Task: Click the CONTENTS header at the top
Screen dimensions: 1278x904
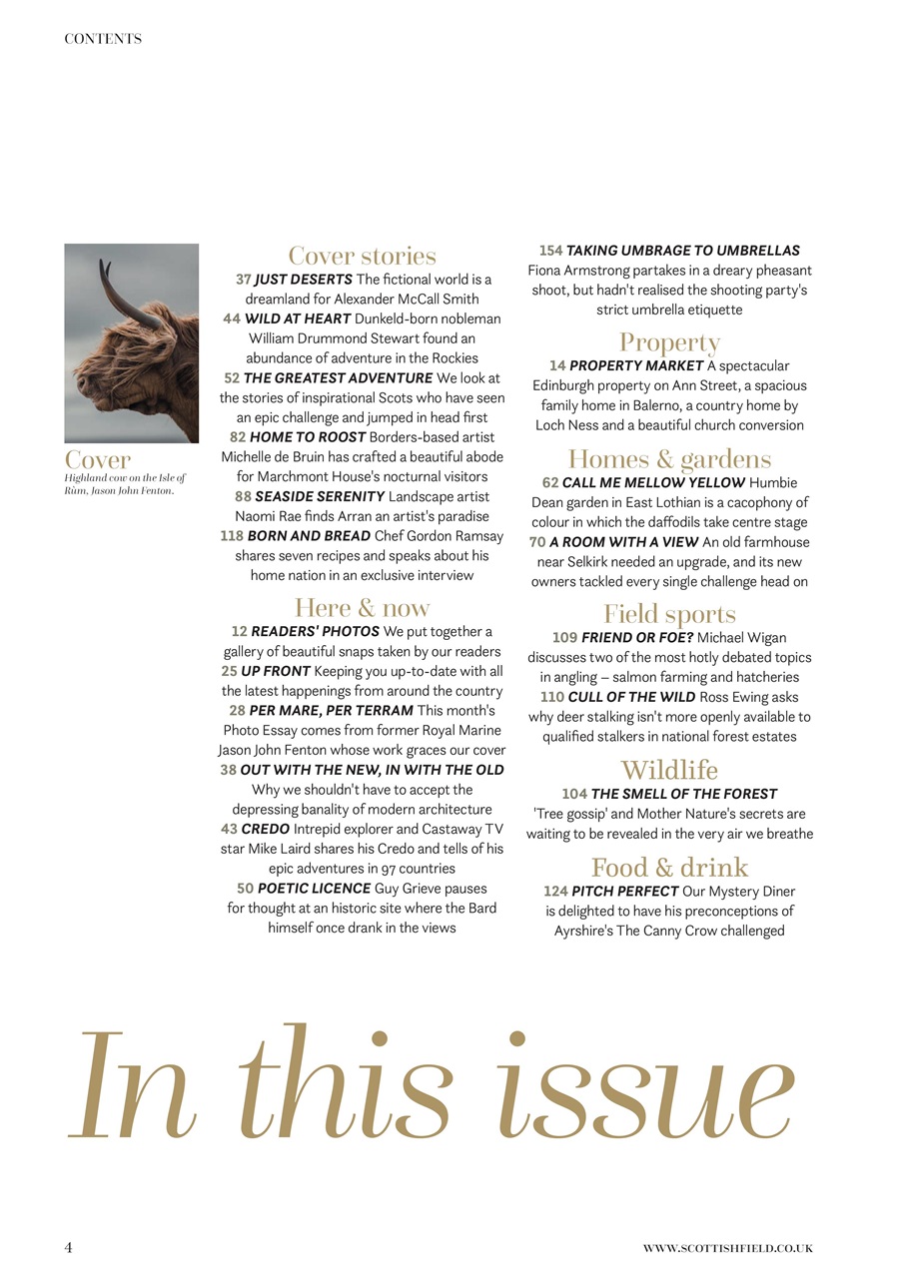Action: point(103,39)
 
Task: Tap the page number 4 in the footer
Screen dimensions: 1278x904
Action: point(68,1247)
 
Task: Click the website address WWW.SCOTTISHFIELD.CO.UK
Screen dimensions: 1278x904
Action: point(727,1248)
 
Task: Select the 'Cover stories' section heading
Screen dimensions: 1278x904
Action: point(362,256)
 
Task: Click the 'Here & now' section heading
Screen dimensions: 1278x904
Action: point(362,607)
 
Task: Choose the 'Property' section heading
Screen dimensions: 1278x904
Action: point(669,342)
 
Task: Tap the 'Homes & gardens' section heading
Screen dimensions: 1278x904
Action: point(669,458)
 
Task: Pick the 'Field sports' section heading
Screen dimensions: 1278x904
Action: point(669,613)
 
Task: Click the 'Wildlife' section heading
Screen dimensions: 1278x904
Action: point(669,770)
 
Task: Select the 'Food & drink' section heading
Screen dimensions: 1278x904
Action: point(669,867)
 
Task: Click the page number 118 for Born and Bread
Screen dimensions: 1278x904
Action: point(232,536)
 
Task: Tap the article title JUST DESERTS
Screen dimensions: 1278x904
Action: point(303,280)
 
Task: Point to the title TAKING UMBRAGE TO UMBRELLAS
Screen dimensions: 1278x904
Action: point(682,251)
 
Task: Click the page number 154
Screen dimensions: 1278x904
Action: point(550,251)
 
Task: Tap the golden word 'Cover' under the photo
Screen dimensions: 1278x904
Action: point(98,459)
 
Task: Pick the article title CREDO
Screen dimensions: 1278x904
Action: point(265,830)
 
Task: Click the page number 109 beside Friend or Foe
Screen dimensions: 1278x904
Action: point(564,638)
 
